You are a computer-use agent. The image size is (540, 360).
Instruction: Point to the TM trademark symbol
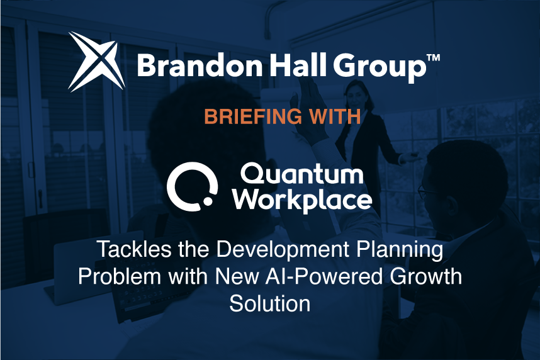(x=432, y=58)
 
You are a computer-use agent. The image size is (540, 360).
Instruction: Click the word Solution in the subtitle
(x=269, y=303)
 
